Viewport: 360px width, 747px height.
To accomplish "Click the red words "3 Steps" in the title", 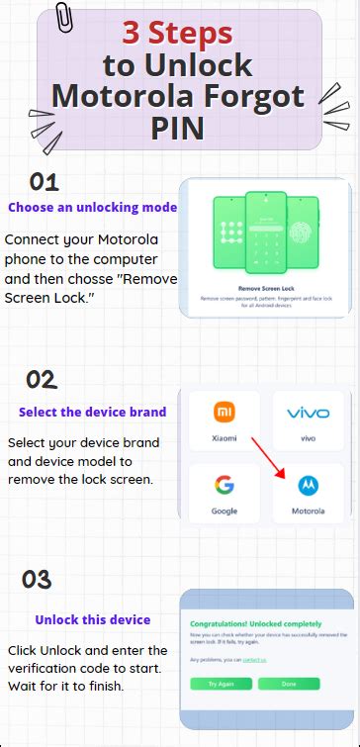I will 178,34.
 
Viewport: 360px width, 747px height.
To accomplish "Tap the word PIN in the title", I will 179,129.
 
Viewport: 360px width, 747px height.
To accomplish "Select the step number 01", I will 44,182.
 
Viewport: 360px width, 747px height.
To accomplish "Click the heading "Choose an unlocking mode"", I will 93,208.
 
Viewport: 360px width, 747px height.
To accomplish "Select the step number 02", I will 41,380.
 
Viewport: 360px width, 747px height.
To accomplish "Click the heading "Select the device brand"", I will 92,412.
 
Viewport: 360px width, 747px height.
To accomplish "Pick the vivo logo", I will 308,413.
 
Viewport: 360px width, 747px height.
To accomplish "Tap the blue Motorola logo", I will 308,486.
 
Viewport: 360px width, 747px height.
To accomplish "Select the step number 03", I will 37,580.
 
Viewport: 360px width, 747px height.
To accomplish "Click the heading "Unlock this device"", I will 93,620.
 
